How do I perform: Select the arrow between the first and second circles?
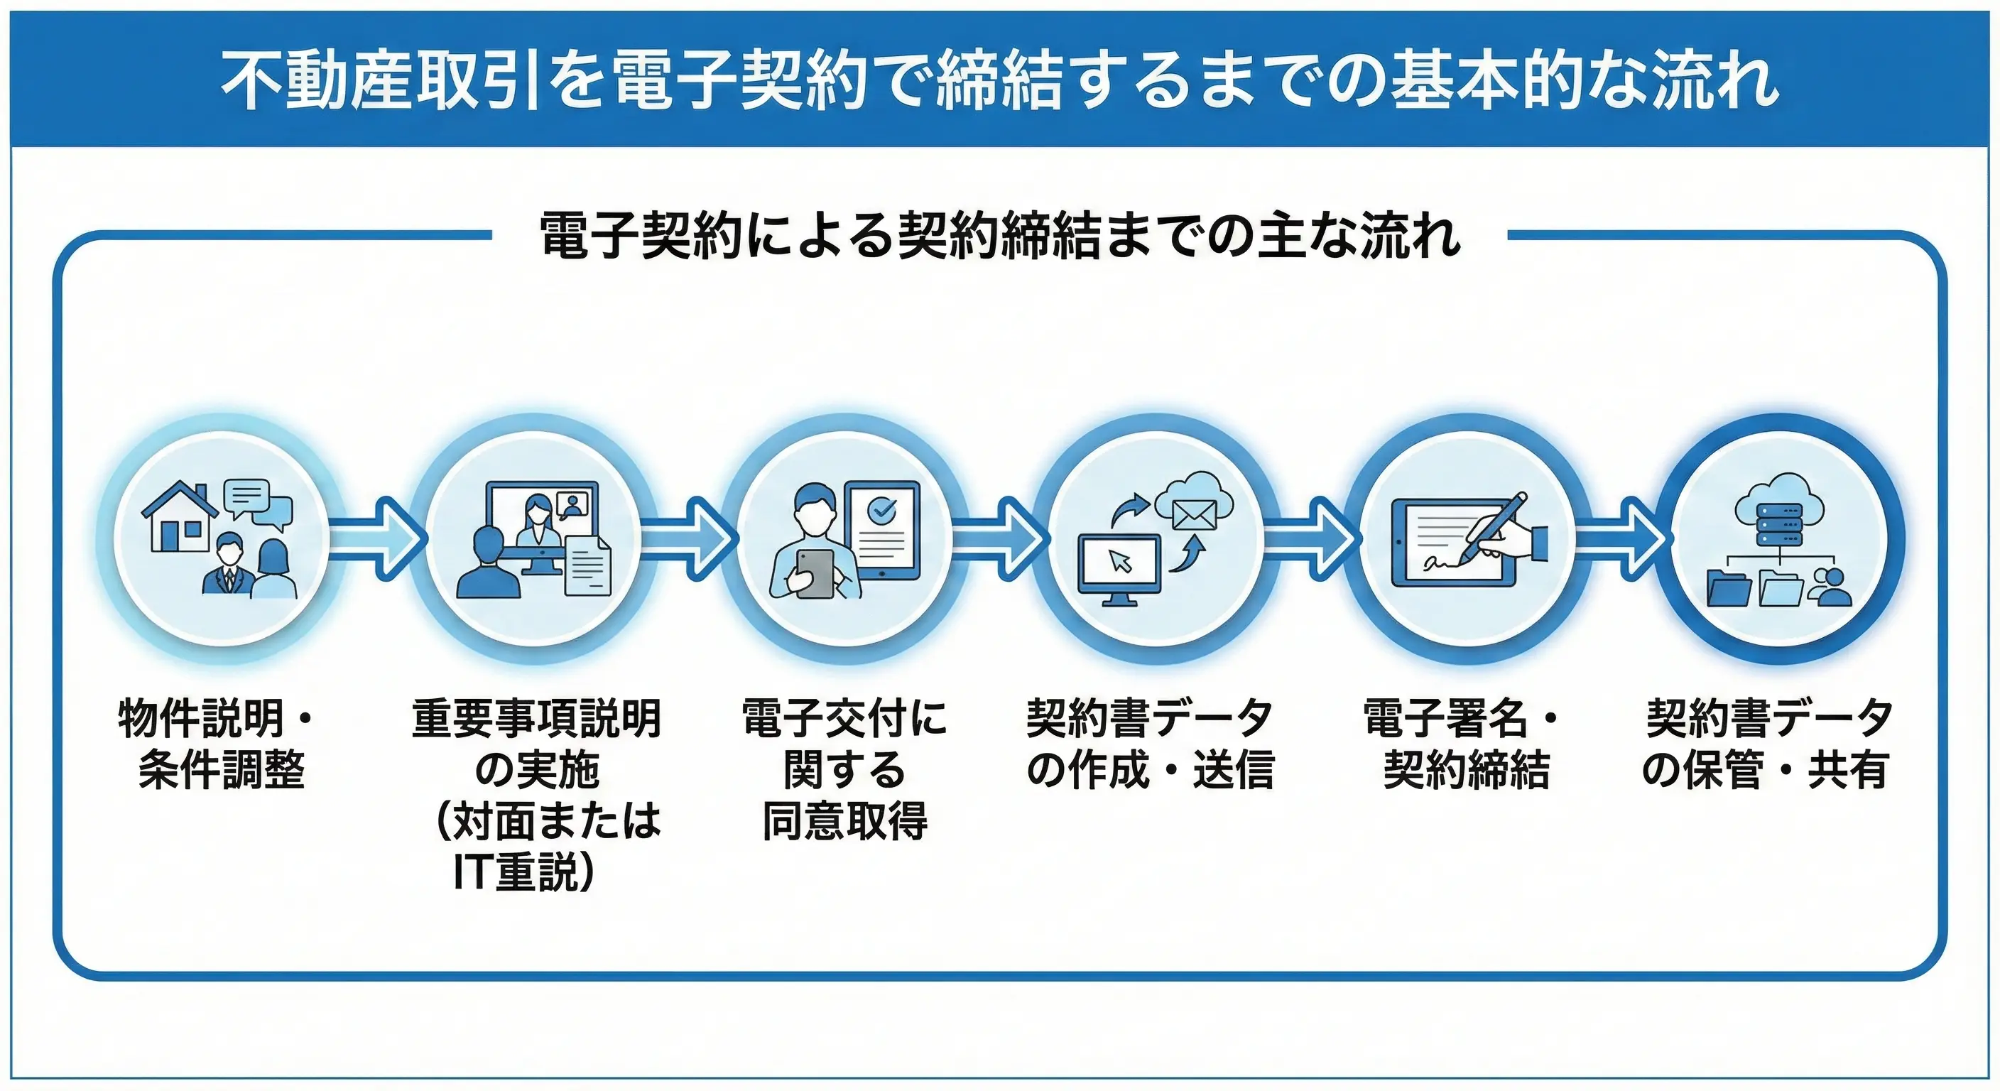[x=380, y=538]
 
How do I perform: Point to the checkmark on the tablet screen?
[x=882, y=509]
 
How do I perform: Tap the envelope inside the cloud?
[x=1194, y=514]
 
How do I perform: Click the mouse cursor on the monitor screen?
[x=1120, y=560]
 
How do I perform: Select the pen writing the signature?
[x=1492, y=528]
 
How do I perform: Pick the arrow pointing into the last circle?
[x=1622, y=538]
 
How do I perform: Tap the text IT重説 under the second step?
[x=525, y=872]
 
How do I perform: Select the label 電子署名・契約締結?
[x=1464, y=743]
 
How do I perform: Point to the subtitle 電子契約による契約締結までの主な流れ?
[x=1000, y=235]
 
